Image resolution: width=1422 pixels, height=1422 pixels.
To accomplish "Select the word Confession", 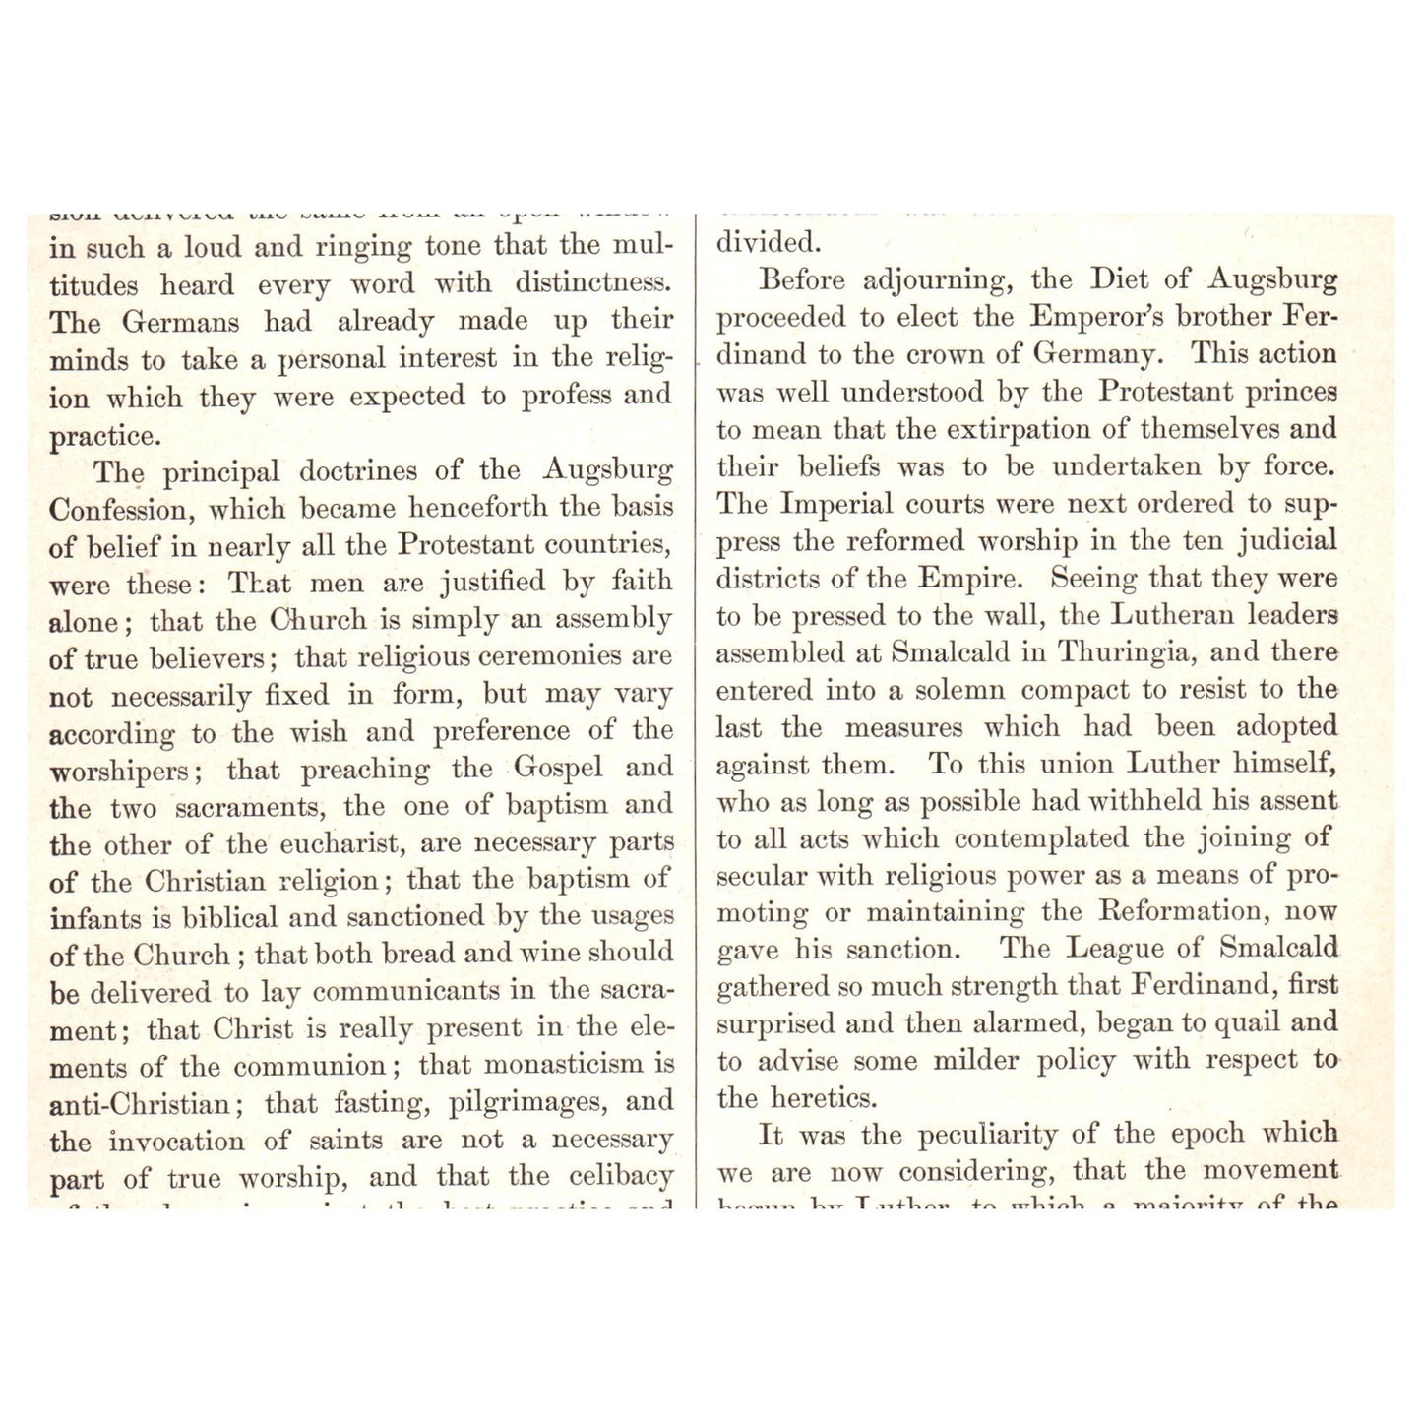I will coord(117,510).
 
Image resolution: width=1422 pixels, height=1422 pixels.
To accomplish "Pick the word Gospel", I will coord(557,768).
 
